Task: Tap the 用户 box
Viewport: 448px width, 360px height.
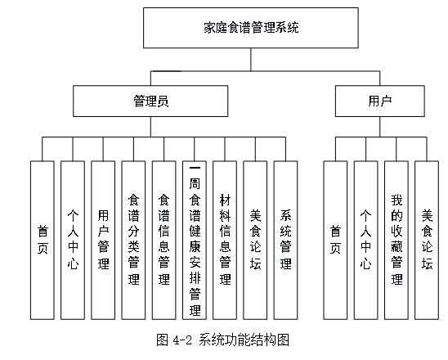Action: click(380, 101)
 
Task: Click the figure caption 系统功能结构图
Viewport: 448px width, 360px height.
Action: click(244, 340)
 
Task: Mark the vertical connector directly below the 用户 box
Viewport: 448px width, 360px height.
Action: click(380, 127)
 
